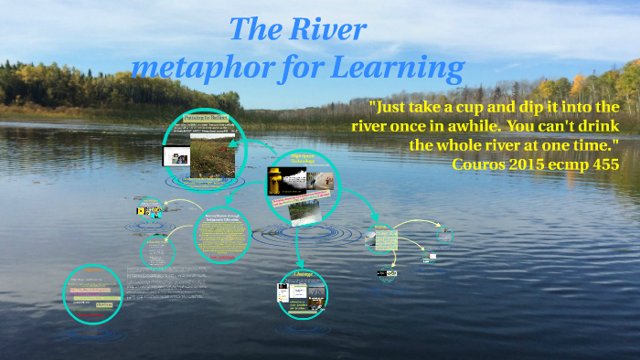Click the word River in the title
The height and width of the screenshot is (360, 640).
click(328, 29)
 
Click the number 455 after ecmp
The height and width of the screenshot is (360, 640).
click(604, 164)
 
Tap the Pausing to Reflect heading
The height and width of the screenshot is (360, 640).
click(206, 118)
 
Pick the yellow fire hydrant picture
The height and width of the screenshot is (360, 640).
click(273, 180)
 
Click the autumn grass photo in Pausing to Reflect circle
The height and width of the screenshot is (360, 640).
click(212, 156)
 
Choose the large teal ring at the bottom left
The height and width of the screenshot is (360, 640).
click(91, 294)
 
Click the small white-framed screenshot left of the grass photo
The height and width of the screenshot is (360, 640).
click(175, 157)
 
